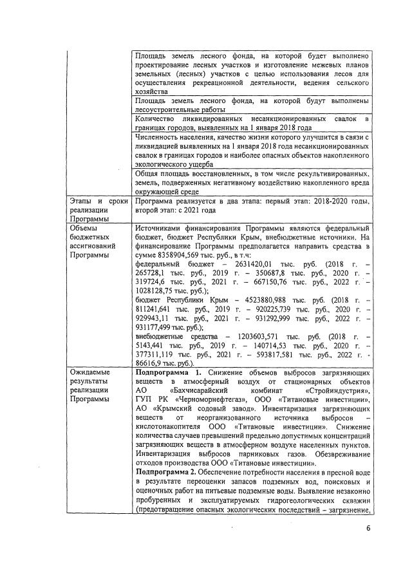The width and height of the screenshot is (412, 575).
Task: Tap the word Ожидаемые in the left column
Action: [90, 372]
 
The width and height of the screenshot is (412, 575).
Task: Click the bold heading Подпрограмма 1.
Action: [169, 372]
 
